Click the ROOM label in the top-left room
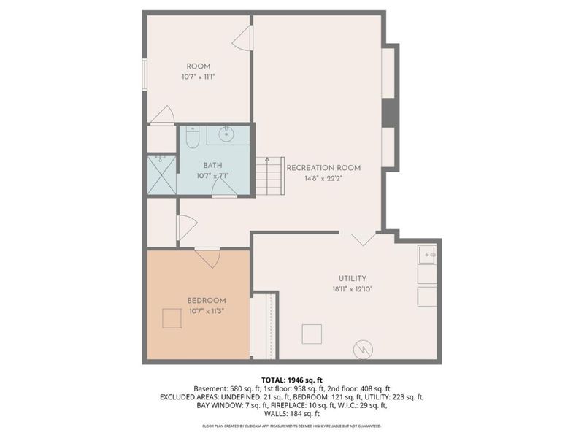[198, 66]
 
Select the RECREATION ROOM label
[323, 168]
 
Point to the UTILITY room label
[352, 278]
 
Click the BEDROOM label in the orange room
[207, 301]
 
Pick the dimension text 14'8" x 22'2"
[323, 178]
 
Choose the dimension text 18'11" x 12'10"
[352, 288]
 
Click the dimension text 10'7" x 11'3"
[207, 312]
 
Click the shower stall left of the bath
[161, 175]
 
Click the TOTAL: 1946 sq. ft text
[291, 379]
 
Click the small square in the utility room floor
[312, 334]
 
